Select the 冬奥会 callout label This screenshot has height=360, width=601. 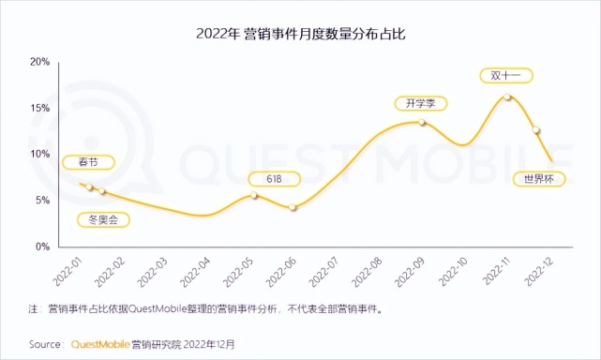point(102,220)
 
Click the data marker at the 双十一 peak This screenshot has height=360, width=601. point(506,97)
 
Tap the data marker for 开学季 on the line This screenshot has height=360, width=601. point(422,123)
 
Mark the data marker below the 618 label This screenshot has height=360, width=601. point(253,195)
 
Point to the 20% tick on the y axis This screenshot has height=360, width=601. point(38,62)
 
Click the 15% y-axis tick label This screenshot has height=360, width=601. point(38,108)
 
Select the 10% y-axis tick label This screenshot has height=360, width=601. point(38,154)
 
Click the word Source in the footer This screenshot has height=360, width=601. point(45,343)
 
